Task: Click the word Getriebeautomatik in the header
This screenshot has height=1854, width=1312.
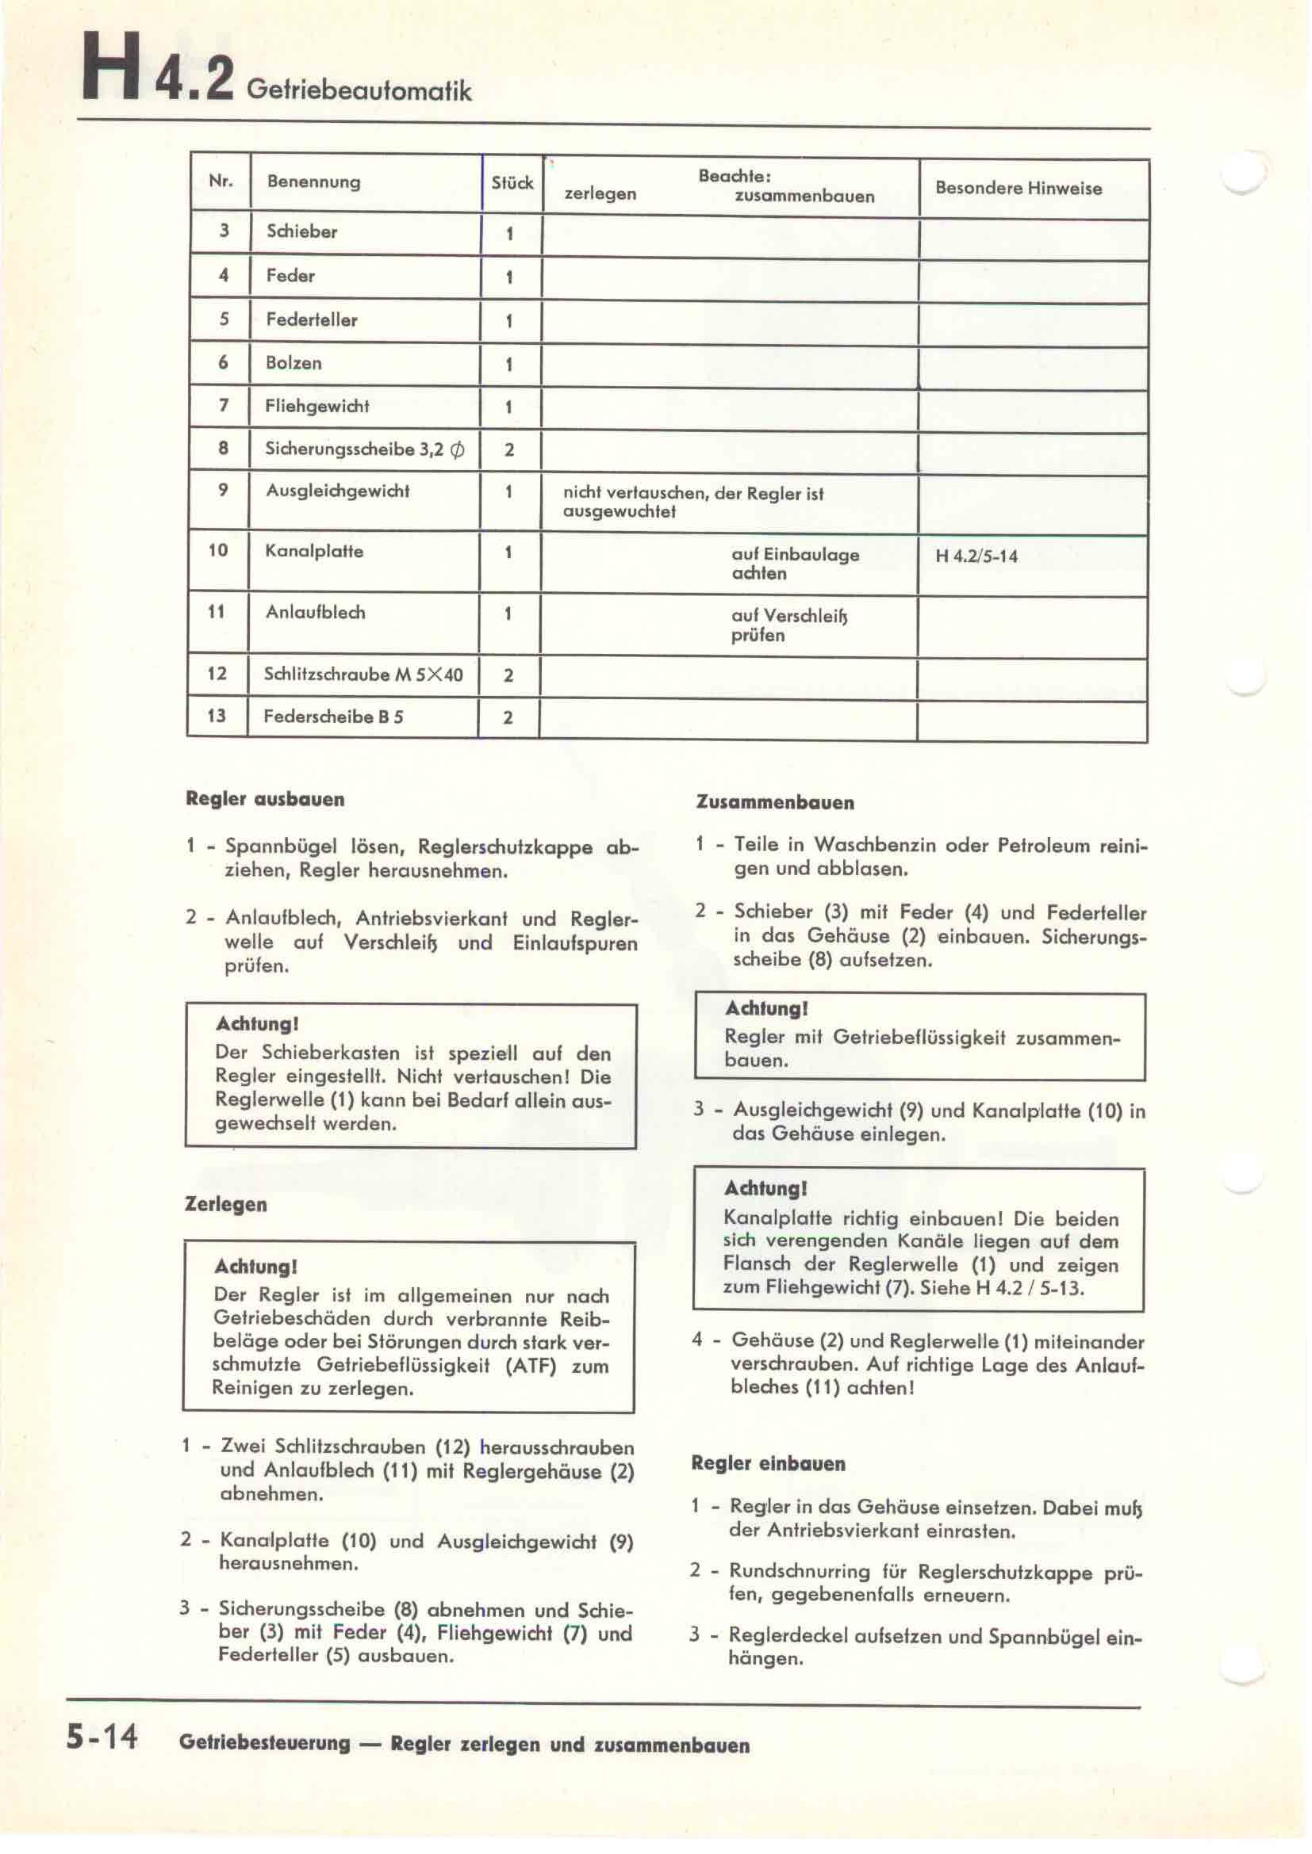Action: [x=359, y=90]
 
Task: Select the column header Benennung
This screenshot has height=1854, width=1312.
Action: [x=313, y=182]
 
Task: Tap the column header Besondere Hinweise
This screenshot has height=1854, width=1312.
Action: [x=1018, y=188]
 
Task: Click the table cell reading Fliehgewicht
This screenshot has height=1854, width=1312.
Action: [x=316, y=406]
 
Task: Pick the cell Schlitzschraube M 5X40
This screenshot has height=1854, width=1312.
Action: [x=363, y=675]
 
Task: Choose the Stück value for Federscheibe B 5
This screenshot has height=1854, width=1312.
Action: [x=508, y=717]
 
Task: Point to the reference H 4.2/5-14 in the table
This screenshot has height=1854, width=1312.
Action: [x=976, y=556]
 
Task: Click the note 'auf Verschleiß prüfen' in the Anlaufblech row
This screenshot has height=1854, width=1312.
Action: [x=788, y=625]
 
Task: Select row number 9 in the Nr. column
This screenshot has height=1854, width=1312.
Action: [x=223, y=490]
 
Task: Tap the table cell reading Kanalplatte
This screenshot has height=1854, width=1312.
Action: [x=314, y=552]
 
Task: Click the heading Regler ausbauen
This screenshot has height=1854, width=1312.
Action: [x=265, y=800]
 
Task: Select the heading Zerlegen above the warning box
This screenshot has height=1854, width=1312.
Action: [x=225, y=1204]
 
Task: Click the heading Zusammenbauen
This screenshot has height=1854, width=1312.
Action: [x=774, y=803]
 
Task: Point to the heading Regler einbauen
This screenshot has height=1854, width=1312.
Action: [x=768, y=1464]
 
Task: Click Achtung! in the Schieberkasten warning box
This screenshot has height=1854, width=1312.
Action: [x=257, y=1024]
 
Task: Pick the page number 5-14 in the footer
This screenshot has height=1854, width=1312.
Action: [x=102, y=1735]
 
